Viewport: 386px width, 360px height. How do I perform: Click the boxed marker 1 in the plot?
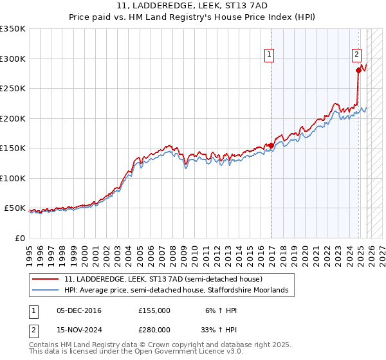tap(268, 55)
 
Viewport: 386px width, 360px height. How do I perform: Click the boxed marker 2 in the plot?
tap(356, 55)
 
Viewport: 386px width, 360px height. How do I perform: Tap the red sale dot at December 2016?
tap(271, 145)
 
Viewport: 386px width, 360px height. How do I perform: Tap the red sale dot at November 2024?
tap(358, 71)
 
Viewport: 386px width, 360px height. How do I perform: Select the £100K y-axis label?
tap(13, 178)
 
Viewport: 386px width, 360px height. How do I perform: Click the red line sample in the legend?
tap(46, 280)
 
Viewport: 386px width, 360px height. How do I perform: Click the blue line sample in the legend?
tap(46, 291)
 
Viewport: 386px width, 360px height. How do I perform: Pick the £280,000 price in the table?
tap(154, 329)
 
